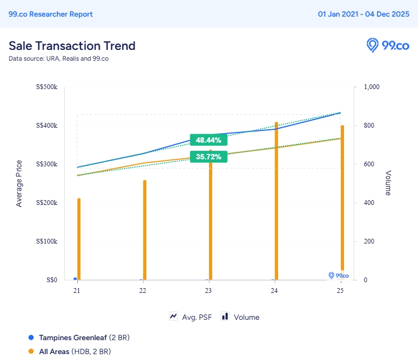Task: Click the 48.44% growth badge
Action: click(x=208, y=140)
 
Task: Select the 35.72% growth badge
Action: click(x=208, y=157)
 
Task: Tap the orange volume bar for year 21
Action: click(x=79, y=239)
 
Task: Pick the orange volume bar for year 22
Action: click(x=145, y=230)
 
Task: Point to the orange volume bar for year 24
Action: click(x=277, y=201)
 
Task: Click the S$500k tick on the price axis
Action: click(x=46, y=87)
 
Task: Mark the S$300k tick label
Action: click(x=46, y=164)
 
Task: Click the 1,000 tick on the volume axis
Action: click(x=371, y=87)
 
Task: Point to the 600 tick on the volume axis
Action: click(x=369, y=164)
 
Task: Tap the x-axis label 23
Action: click(x=208, y=291)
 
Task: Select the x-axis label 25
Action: click(x=340, y=291)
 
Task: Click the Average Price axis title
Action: click(x=19, y=183)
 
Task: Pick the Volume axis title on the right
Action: click(x=388, y=183)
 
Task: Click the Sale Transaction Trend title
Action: click(x=72, y=46)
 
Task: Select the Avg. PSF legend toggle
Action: click(x=191, y=317)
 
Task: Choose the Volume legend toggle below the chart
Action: click(x=241, y=317)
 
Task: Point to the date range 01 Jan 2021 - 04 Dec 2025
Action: click(x=363, y=14)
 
